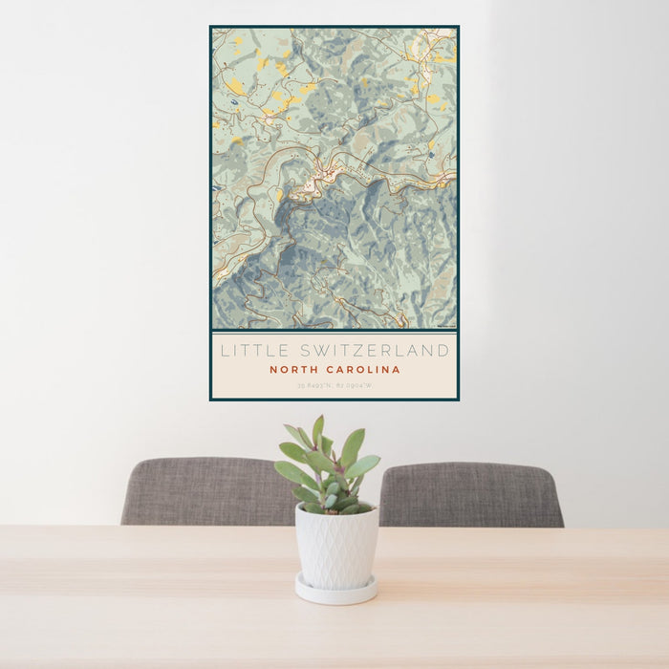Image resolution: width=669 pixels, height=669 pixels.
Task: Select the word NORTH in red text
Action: [291, 370]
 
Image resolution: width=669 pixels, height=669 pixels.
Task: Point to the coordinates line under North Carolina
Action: [334, 385]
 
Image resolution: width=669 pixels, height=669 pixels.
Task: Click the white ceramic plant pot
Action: [335, 547]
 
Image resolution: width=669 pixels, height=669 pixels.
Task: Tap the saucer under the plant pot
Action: [335, 592]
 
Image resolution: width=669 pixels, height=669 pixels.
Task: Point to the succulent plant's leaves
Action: [328, 468]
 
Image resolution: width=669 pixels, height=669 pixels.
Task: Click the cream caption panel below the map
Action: [334, 365]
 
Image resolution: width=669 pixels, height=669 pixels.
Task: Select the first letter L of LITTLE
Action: [226, 351]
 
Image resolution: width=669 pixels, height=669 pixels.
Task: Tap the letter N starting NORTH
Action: [273, 370]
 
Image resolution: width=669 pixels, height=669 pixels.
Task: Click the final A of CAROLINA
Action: [397, 370]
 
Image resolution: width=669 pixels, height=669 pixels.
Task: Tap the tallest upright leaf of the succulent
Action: [318, 431]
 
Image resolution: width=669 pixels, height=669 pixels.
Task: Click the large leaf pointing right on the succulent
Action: [363, 465]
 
